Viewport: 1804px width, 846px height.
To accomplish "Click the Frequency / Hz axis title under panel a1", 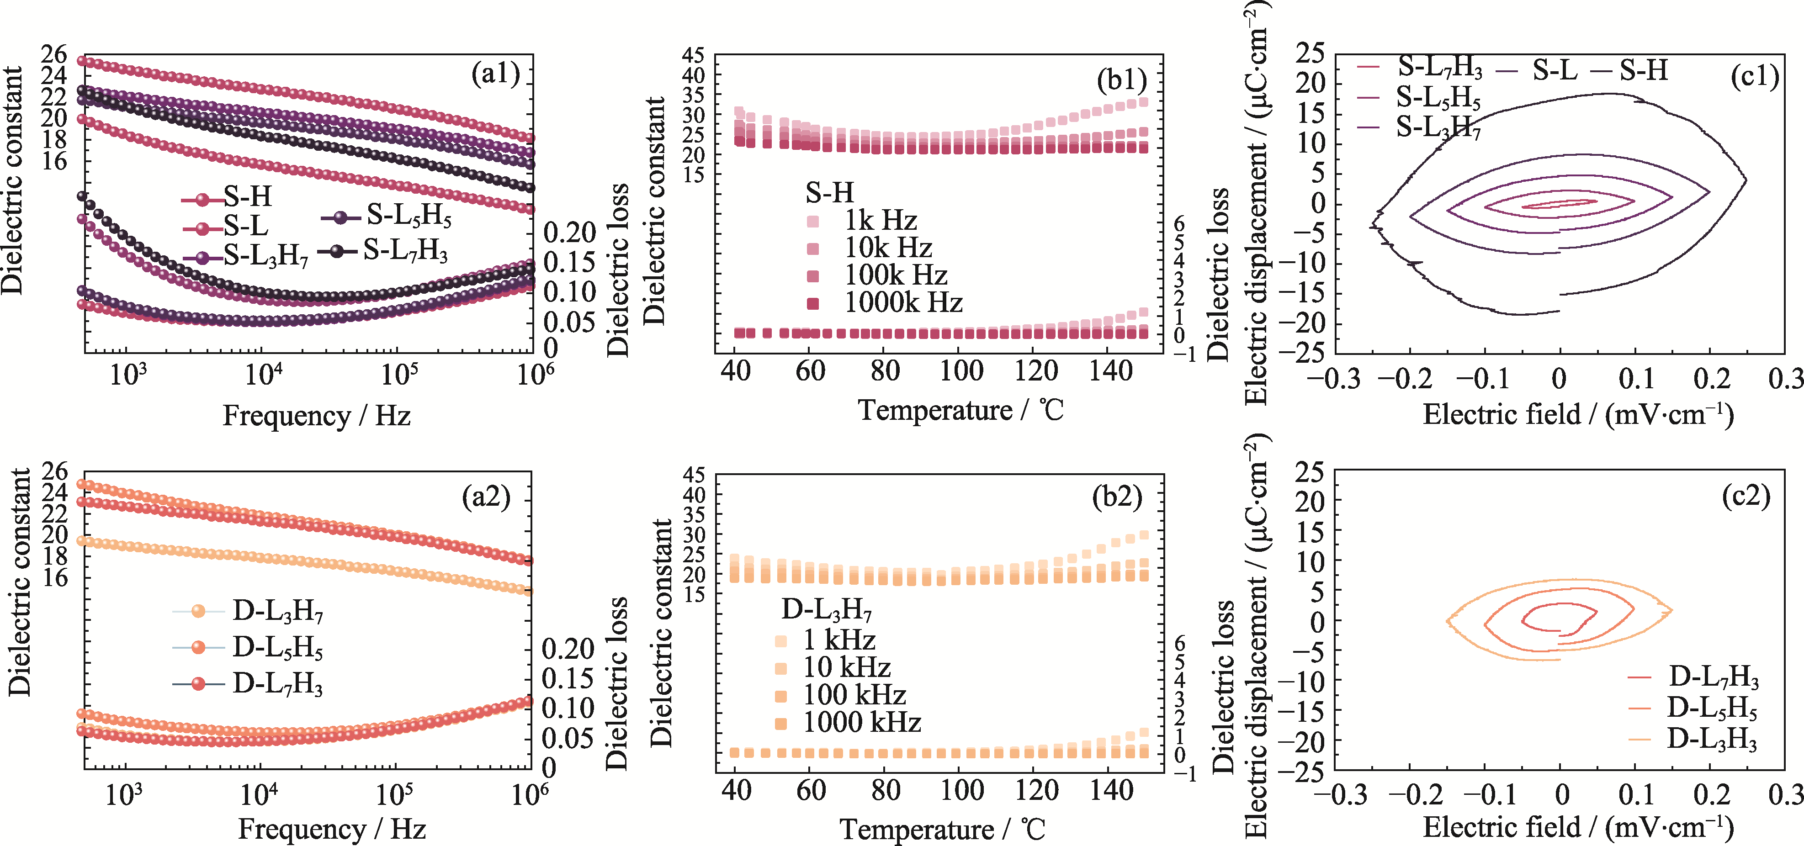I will [x=317, y=416].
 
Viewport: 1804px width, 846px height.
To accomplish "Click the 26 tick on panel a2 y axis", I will [x=55, y=471].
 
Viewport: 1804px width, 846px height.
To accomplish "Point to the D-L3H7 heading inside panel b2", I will [x=826, y=610].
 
